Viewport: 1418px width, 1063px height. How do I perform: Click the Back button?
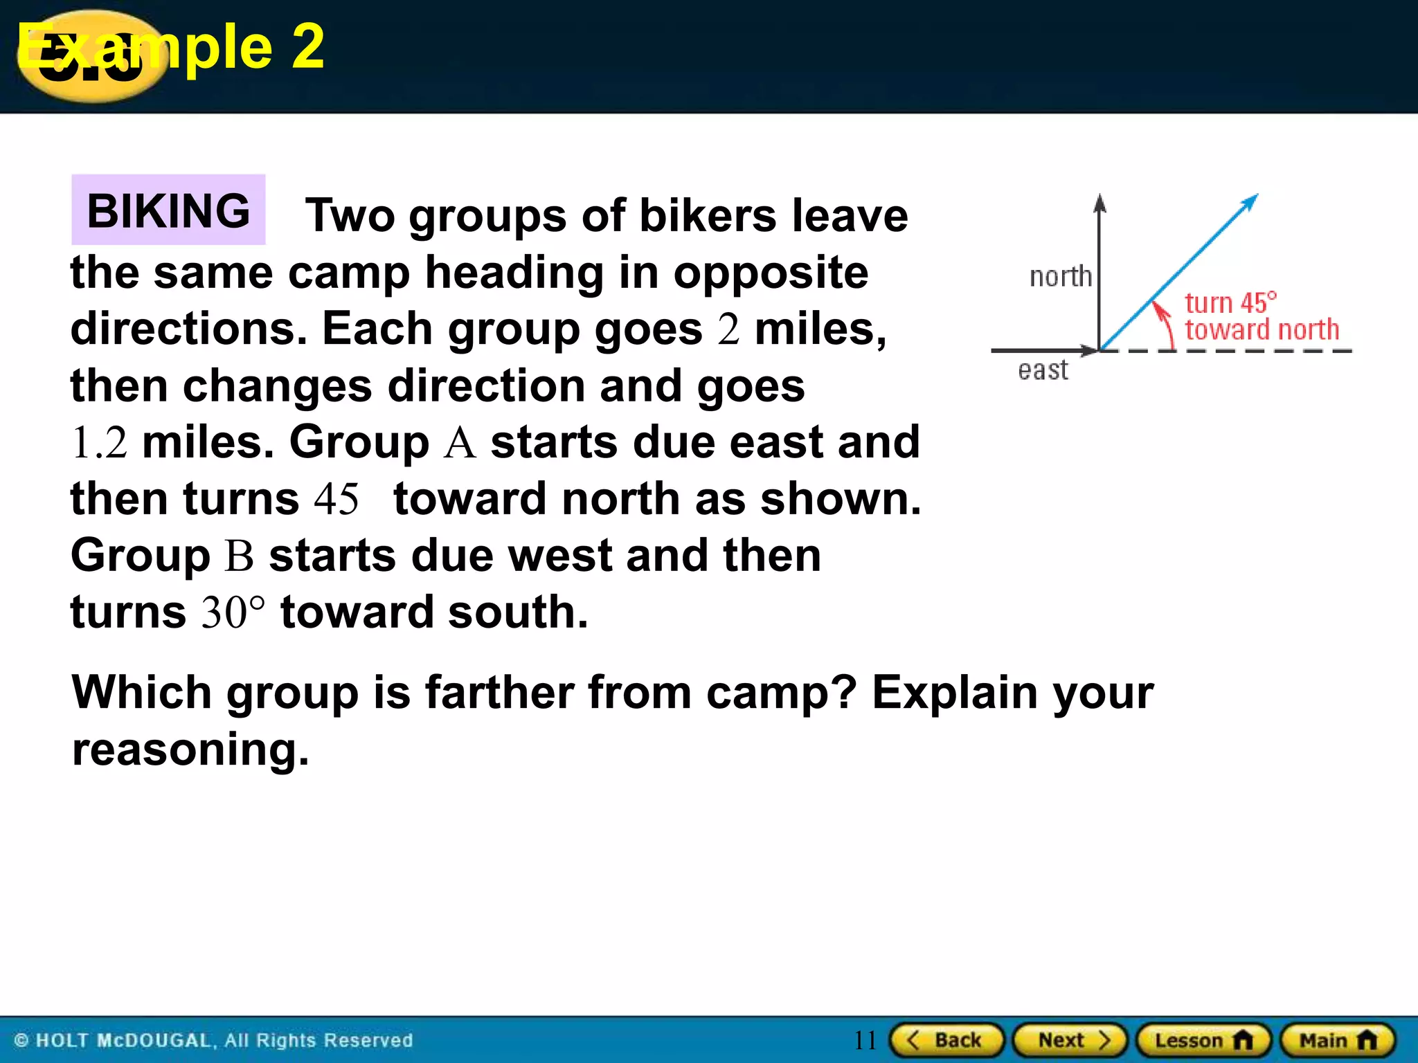coord(946,1040)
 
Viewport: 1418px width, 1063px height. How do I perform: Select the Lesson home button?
coord(1203,1040)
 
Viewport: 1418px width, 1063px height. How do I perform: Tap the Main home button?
coord(1338,1040)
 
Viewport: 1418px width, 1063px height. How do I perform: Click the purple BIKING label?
coord(168,210)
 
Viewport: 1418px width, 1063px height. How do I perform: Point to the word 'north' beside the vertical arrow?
coord(1060,277)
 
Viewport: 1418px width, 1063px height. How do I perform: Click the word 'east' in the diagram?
coord(1043,370)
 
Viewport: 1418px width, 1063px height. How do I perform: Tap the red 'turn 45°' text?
coord(1230,303)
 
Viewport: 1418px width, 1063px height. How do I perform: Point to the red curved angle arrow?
coord(1165,322)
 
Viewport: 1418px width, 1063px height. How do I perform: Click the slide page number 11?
coord(865,1040)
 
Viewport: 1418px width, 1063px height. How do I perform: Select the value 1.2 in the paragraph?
coord(100,443)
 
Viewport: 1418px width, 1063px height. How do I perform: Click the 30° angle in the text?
coord(233,613)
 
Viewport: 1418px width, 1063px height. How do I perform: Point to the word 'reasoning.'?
coord(190,749)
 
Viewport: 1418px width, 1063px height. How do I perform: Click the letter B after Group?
coord(240,556)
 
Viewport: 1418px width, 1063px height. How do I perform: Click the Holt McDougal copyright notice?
coord(213,1040)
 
